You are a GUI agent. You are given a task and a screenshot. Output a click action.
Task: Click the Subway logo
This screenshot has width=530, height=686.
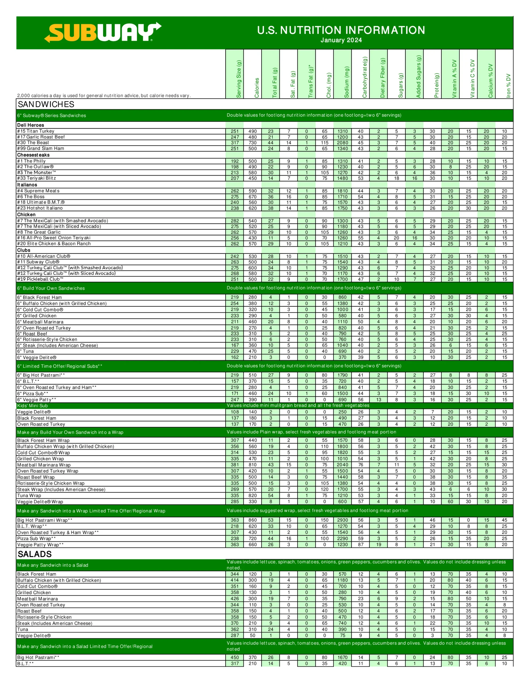pos(103,32)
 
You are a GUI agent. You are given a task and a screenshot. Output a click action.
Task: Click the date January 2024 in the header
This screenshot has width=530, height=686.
pos(341,40)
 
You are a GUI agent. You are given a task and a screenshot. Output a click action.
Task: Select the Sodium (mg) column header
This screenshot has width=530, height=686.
pos(346,82)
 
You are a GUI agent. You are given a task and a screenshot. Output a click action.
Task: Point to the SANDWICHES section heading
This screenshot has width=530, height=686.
pos(46,104)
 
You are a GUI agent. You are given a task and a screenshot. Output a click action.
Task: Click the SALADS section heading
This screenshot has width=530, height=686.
pos(35,554)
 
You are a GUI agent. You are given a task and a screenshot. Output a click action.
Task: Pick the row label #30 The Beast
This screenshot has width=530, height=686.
pos(33,143)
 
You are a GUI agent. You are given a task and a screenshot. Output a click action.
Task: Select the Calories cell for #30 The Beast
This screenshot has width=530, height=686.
pos(253,143)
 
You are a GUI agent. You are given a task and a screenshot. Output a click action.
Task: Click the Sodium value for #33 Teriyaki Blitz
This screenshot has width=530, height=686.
pos(342,178)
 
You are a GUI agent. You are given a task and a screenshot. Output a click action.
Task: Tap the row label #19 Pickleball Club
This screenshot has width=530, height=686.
pos(40,279)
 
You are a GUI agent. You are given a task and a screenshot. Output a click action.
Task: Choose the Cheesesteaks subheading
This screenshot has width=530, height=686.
pos(33,155)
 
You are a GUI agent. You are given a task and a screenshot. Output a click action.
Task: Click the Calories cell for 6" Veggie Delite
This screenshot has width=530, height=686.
pos(253,357)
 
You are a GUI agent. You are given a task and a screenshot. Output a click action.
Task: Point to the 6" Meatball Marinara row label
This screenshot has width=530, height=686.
pos(40,322)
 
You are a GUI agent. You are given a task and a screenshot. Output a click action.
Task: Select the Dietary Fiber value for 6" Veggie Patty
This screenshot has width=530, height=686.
pos(379,400)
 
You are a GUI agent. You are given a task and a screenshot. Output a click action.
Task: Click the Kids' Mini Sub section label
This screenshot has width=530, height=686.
pos(32,405)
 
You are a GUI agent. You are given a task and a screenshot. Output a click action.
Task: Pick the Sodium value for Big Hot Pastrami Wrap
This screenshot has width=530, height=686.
pos(342,520)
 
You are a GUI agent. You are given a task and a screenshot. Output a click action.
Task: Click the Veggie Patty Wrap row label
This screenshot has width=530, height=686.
pos(40,545)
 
